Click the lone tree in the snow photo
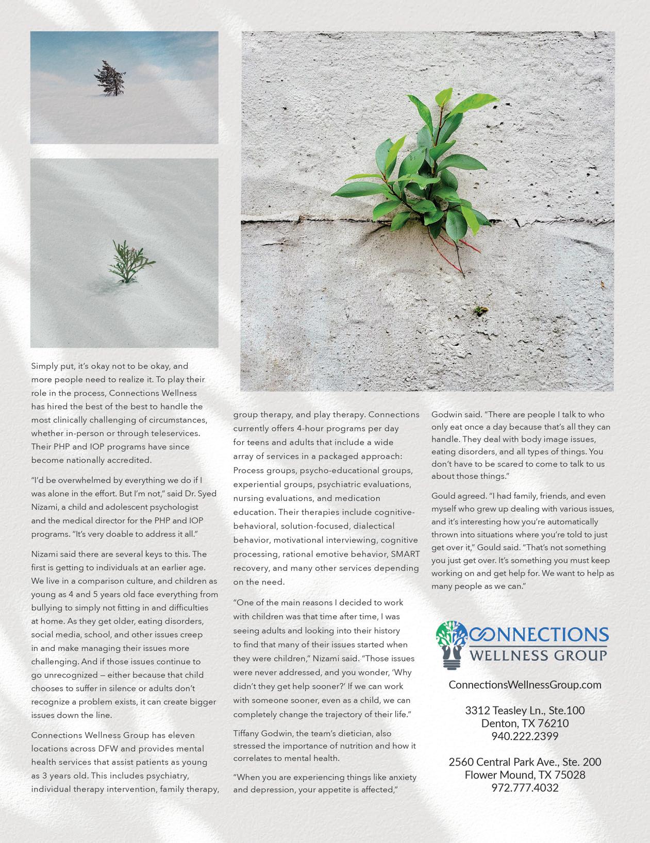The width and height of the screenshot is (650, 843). [110, 78]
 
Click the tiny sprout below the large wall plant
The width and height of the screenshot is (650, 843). [480, 310]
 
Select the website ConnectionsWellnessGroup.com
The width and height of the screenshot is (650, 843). [525, 685]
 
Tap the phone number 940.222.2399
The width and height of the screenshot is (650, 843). [525, 736]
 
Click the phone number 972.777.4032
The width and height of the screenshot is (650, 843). [525, 788]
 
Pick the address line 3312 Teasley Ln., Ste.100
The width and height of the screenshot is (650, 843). [525, 711]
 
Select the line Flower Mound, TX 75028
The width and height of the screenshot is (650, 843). [525, 775]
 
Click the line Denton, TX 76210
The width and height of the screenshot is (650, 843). [525, 723]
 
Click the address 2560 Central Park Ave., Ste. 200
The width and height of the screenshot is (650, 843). [525, 762]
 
